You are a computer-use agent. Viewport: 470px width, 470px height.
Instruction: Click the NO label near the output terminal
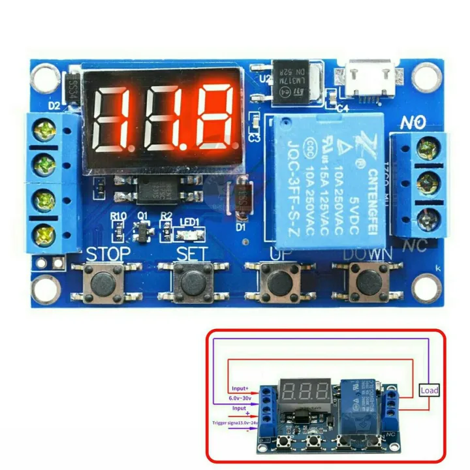coord(414,121)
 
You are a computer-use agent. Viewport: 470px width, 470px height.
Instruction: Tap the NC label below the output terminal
coord(416,247)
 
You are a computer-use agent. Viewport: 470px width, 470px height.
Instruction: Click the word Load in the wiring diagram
coord(430,390)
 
